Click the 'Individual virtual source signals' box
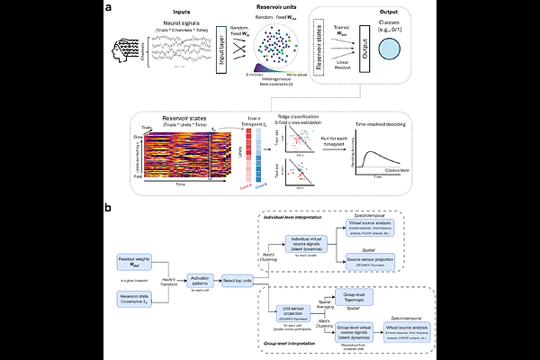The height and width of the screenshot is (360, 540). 310,238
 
